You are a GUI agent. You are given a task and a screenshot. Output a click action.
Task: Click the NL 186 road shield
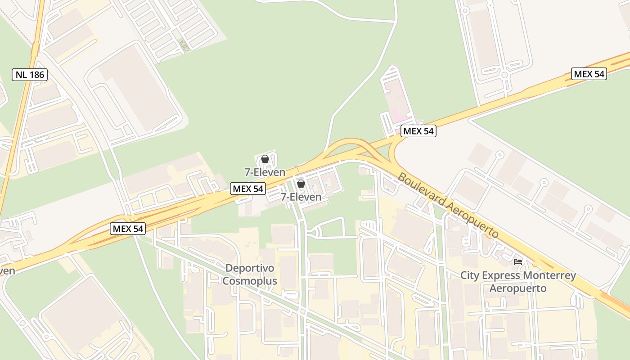(30, 75)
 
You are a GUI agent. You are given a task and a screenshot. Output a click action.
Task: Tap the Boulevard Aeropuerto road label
(448, 205)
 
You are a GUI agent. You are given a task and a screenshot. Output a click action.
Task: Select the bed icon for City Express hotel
(518, 261)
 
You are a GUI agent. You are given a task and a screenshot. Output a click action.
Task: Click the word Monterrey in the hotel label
(549, 275)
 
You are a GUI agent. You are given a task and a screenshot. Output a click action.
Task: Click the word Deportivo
(250, 268)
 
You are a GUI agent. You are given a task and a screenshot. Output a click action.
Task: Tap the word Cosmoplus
(250, 281)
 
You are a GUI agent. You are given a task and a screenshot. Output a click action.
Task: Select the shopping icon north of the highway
(265, 159)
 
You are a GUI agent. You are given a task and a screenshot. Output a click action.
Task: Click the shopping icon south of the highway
(301, 184)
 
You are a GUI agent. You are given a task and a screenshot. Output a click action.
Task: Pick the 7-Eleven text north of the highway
(265, 172)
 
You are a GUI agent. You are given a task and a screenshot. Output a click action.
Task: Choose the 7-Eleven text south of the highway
(301, 197)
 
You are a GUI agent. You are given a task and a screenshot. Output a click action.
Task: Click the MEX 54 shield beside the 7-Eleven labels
(247, 189)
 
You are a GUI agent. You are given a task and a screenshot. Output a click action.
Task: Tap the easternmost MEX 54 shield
(589, 74)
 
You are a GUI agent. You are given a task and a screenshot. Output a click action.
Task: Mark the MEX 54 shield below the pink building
(418, 131)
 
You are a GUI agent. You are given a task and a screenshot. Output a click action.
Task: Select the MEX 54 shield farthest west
(128, 229)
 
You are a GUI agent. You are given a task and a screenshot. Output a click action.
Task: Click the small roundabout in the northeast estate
(504, 76)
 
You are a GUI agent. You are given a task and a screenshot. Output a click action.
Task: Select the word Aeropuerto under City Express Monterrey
(518, 288)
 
